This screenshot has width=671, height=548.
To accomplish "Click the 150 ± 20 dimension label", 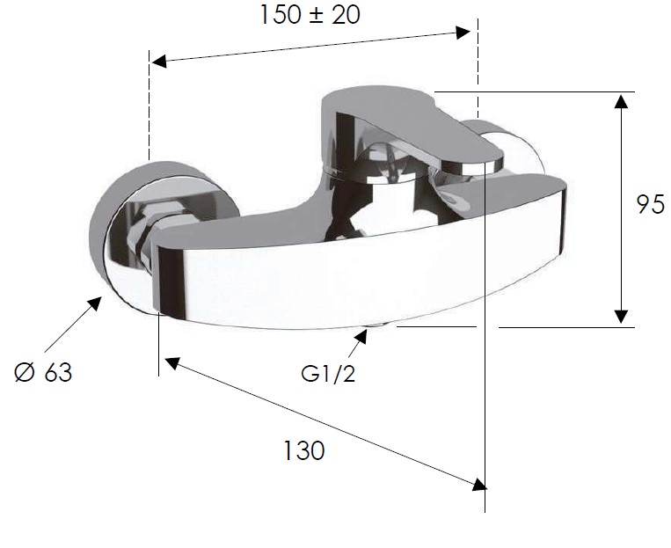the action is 310,16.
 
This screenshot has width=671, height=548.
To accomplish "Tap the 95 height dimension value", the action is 651,204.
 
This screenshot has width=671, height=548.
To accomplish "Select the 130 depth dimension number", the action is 304,450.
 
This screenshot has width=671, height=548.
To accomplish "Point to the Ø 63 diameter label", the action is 43,371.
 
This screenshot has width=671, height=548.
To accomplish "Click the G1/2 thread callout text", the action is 328,374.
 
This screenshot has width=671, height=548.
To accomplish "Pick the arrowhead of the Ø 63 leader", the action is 94,304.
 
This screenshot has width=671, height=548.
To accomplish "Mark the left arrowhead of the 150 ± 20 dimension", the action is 159,62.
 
